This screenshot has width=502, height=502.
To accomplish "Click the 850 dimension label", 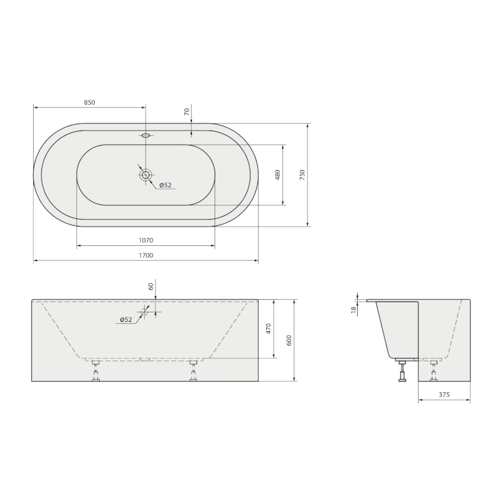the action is [90, 102].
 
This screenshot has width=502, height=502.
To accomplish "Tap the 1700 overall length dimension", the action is [146, 255].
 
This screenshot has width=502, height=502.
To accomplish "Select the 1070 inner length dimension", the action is [146, 240].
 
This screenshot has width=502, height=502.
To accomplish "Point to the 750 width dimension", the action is [302, 175].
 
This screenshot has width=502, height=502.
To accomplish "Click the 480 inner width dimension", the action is [277, 175].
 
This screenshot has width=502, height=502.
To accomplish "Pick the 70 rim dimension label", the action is [187, 112].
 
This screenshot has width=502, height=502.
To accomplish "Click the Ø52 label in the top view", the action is [166, 185].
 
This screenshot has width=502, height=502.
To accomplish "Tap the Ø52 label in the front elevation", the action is [126, 319].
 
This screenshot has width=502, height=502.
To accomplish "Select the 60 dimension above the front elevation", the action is [151, 286].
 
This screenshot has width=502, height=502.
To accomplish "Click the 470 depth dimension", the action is [269, 329].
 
